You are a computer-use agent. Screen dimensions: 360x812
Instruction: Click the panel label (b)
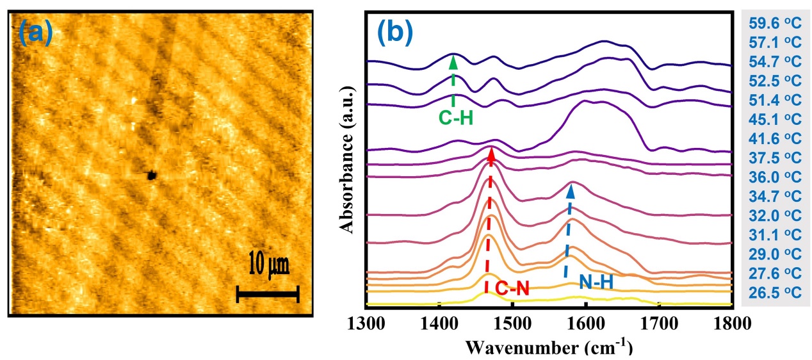395,32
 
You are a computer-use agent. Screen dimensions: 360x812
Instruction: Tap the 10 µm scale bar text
268,264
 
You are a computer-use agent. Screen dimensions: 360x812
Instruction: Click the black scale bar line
268,294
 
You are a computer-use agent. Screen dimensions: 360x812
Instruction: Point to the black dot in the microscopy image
152,174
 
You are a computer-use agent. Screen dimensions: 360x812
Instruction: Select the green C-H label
456,118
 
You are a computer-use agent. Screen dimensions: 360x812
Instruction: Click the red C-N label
512,290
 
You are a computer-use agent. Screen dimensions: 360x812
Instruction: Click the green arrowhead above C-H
453,61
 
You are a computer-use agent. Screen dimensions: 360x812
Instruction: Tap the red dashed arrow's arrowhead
491,154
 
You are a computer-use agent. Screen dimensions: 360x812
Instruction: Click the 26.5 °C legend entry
775,292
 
